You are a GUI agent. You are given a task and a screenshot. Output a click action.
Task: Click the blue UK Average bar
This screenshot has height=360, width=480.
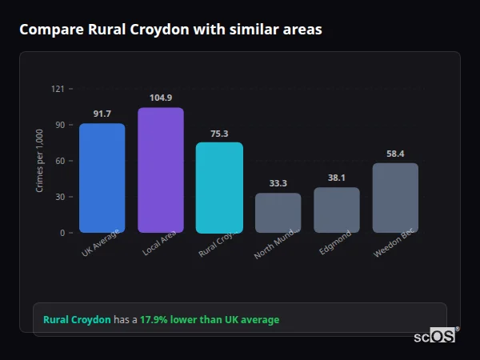102,178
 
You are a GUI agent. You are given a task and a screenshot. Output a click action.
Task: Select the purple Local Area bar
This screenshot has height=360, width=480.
161,170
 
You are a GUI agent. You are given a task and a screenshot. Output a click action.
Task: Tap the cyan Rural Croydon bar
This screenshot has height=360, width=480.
219,187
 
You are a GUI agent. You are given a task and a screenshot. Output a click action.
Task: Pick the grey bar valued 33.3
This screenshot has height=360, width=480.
278,213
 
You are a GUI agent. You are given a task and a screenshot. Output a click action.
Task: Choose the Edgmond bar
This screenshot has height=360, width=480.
336,210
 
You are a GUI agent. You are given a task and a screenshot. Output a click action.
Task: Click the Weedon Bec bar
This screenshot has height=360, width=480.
395,198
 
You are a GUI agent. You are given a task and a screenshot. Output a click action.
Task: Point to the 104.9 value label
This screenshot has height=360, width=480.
161,98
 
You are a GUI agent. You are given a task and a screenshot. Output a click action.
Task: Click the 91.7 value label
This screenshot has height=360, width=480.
102,114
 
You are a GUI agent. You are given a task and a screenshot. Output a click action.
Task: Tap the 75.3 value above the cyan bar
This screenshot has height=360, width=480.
219,134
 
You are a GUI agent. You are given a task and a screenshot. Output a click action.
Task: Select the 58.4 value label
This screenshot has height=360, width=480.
395,154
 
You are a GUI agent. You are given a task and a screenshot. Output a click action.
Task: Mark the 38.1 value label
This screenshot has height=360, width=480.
336,178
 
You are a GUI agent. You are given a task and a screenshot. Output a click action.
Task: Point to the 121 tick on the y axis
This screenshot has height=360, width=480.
58,89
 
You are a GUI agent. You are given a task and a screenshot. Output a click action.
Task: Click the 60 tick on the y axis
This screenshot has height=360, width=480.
59,161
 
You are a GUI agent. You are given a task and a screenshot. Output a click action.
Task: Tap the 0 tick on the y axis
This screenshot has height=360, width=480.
62,233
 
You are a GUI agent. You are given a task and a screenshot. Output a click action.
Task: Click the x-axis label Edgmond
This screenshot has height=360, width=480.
334,244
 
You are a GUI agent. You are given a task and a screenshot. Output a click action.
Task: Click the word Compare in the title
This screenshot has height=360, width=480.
48,30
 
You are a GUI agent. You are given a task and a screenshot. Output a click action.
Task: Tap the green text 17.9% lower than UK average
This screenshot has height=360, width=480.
210,320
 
